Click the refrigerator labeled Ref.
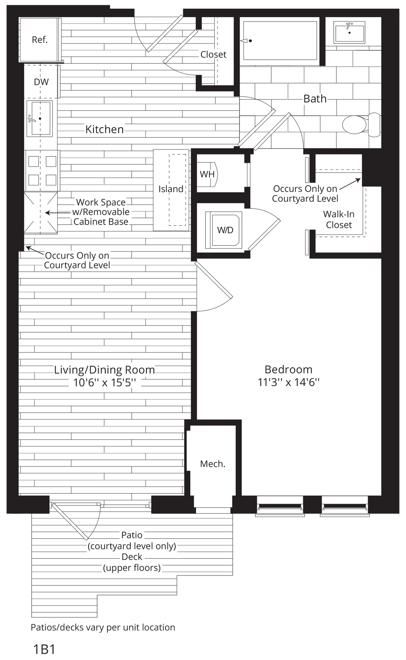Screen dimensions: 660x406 [x=40, y=40]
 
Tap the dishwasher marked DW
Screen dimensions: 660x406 [x=41, y=82]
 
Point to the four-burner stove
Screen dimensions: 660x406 [x=42, y=170]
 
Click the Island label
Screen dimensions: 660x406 [x=171, y=189]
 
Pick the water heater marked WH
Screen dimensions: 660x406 [x=207, y=174]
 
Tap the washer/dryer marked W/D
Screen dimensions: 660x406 [x=225, y=230]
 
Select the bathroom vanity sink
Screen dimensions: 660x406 [x=350, y=32]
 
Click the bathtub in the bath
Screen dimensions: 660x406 [x=280, y=41]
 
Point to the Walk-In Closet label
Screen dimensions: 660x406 [x=339, y=219]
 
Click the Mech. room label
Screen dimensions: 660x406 [x=213, y=464]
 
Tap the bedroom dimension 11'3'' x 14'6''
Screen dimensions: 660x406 [x=288, y=382]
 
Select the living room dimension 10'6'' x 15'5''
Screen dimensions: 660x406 [x=104, y=383]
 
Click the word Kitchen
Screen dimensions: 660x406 [x=104, y=129]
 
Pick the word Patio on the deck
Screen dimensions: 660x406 [x=132, y=535]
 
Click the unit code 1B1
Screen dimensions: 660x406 [x=44, y=649]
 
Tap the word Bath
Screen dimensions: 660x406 [x=315, y=99]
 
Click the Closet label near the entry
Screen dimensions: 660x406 [x=213, y=54]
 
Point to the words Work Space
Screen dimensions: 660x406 [x=101, y=202]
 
